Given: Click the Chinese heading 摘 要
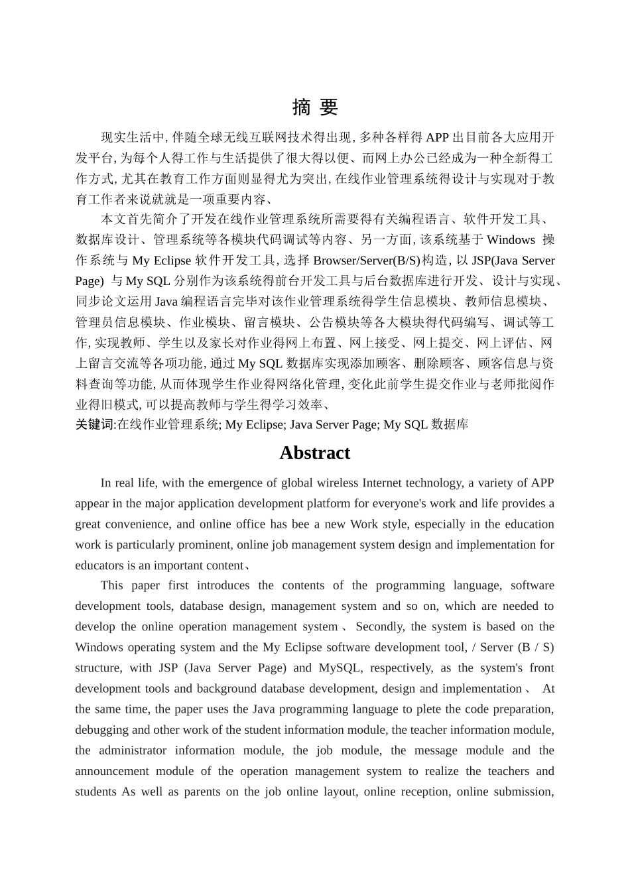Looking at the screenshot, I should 315,107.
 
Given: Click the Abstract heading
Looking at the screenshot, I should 314,453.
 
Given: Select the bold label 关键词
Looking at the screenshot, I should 95,424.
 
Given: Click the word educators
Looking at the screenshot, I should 99,565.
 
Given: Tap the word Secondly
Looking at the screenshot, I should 379,626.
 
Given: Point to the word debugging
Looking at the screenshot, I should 101,729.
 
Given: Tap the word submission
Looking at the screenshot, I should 525,791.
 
